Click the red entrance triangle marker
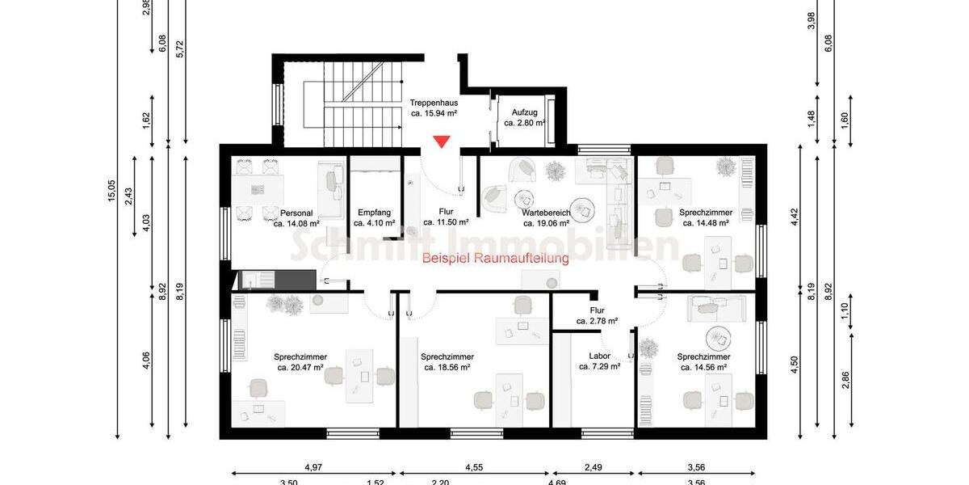[441, 142]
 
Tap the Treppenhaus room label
[434, 108]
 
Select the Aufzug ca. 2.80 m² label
[524, 118]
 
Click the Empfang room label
[375, 218]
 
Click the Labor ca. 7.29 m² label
[599, 361]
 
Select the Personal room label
[296, 218]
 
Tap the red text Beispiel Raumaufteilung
[495, 259]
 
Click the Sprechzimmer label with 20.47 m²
[300, 361]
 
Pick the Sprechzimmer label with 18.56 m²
[447, 361]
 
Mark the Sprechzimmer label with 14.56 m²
[703, 361]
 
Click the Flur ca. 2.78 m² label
[597, 315]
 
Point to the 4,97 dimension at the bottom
[313, 466]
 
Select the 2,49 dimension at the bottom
[593, 466]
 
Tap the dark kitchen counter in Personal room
[275, 280]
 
